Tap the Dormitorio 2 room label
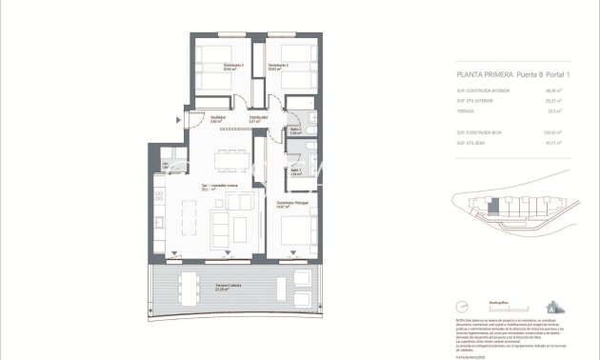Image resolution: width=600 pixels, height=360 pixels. [x=277, y=67]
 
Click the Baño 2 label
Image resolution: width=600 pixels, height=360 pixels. [x=295, y=130]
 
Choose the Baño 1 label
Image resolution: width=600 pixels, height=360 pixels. [x=296, y=171]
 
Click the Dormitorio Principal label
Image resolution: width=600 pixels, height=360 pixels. [x=291, y=204]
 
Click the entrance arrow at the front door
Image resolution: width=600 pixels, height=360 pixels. [x=178, y=119]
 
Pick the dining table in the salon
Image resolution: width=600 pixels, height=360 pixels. [x=228, y=156]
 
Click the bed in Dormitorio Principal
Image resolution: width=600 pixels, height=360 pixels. [x=296, y=230]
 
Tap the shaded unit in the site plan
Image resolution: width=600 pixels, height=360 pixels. [x=492, y=205]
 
